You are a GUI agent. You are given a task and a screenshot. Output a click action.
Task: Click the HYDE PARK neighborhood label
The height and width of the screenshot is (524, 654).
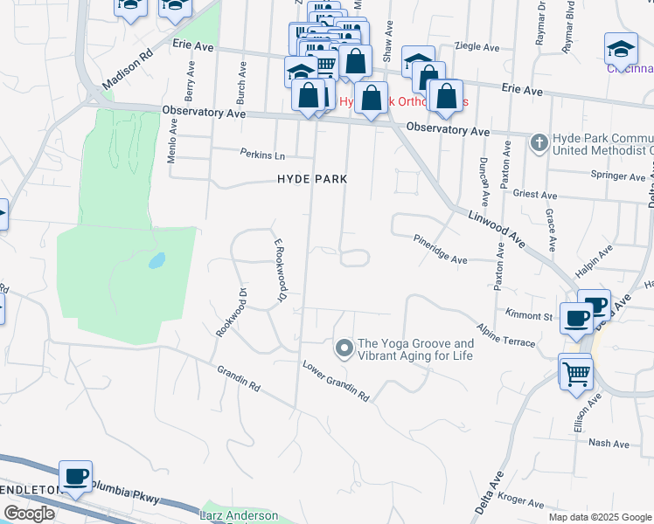(312, 179)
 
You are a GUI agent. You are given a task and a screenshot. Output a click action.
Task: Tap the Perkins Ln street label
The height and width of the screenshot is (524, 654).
(263, 154)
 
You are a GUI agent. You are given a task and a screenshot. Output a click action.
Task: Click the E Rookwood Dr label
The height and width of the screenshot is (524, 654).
(281, 272)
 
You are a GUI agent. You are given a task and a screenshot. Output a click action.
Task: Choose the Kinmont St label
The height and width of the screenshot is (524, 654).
(530, 315)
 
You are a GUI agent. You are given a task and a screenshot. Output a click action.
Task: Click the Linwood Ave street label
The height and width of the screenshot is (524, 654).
(497, 230)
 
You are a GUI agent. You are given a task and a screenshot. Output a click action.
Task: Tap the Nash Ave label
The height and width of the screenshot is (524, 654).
(609, 444)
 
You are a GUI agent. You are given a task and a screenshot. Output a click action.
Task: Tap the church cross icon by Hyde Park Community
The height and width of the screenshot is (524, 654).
(539, 141)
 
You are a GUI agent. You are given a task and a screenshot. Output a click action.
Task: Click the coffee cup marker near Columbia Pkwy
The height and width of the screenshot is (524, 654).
(76, 476)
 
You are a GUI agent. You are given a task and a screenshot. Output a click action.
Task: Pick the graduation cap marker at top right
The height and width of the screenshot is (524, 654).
(621, 47)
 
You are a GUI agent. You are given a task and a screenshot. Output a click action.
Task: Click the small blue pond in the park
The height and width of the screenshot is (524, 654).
(157, 260)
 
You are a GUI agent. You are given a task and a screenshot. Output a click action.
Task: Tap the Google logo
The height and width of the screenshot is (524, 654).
(29, 514)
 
